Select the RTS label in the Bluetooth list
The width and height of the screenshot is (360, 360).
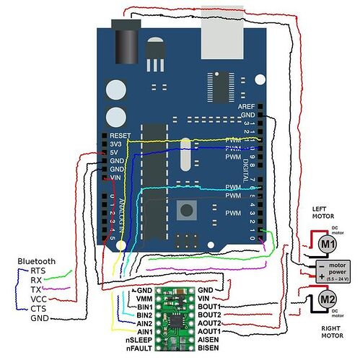click(x=38, y=271)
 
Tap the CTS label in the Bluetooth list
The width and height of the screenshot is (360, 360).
click(x=38, y=308)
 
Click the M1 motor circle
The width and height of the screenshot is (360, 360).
click(x=328, y=245)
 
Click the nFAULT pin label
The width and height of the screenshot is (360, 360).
click(x=139, y=348)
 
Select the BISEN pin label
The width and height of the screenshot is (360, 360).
click(x=210, y=348)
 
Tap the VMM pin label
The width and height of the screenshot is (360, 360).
click(x=144, y=297)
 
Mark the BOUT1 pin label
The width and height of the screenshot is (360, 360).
click(x=210, y=307)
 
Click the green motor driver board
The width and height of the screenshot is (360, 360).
click(x=174, y=315)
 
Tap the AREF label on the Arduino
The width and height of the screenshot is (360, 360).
click(x=246, y=106)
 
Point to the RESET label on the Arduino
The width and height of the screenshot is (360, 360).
click(x=120, y=135)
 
